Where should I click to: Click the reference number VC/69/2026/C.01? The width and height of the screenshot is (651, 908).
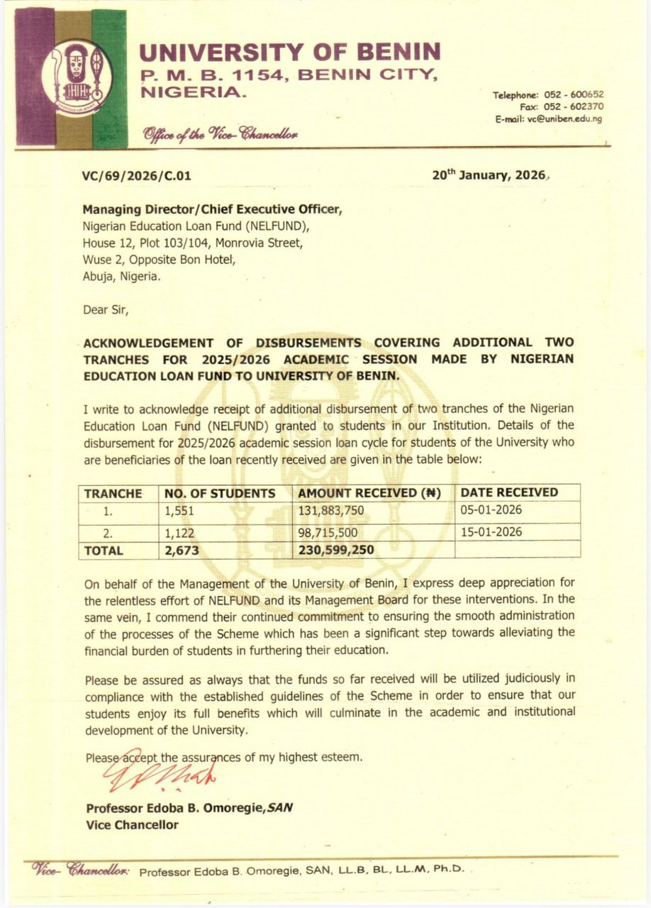click(x=137, y=177)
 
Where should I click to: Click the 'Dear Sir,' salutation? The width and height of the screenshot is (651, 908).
click(x=106, y=309)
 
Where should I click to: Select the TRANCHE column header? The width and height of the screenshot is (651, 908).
click(x=113, y=493)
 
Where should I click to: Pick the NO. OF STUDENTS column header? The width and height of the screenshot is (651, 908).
click(x=220, y=493)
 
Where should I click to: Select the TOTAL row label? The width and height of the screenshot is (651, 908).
click(x=104, y=550)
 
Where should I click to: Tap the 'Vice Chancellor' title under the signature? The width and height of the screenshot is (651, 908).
click(x=132, y=825)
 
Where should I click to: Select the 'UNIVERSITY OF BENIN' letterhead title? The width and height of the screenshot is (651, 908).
click(x=289, y=52)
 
